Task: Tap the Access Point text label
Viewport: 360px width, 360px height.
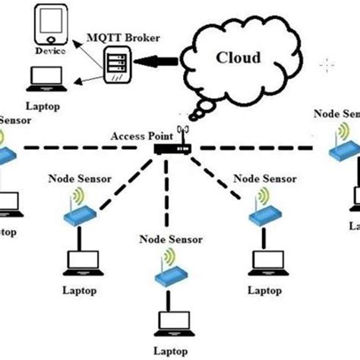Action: [x=138, y=135]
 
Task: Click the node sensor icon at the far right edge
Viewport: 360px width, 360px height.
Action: [x=343, y=144]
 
